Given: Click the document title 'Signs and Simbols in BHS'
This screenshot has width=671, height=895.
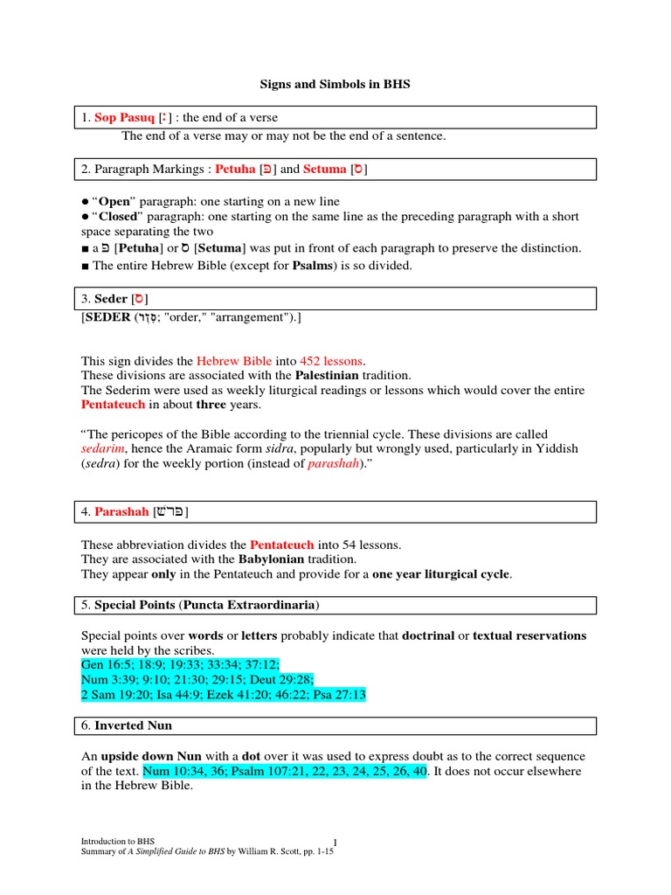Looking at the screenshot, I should [x=335, y=85].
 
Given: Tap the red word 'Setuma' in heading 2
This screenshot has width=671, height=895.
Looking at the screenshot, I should [x=324, y=170].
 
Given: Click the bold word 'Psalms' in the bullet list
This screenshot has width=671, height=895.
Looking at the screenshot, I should [x=314, y=265].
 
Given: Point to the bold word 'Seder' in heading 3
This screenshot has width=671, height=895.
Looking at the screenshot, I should [x=111, y=299].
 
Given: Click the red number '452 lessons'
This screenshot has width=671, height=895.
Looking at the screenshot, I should [x=331, y=360].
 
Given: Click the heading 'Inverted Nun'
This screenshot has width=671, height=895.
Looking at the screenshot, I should [x=135, y=725].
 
